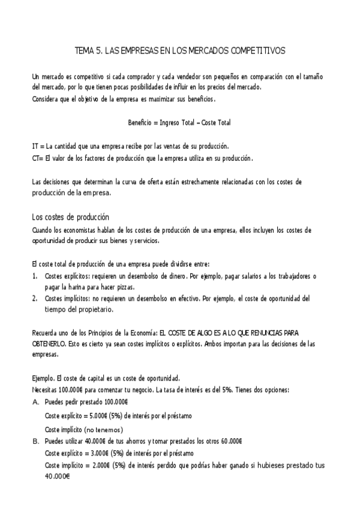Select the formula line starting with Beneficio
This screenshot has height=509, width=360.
click(x=179, y=122)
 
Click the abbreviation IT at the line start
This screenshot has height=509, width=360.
click(x=35, y=146)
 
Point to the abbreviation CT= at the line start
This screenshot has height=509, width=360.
click(x=37, y=158)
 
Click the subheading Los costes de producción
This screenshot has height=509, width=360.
click(x=70, y=217)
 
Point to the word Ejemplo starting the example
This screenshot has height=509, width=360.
click(x=42, y=378)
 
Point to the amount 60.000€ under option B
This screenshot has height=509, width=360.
click(x=231, y=441)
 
